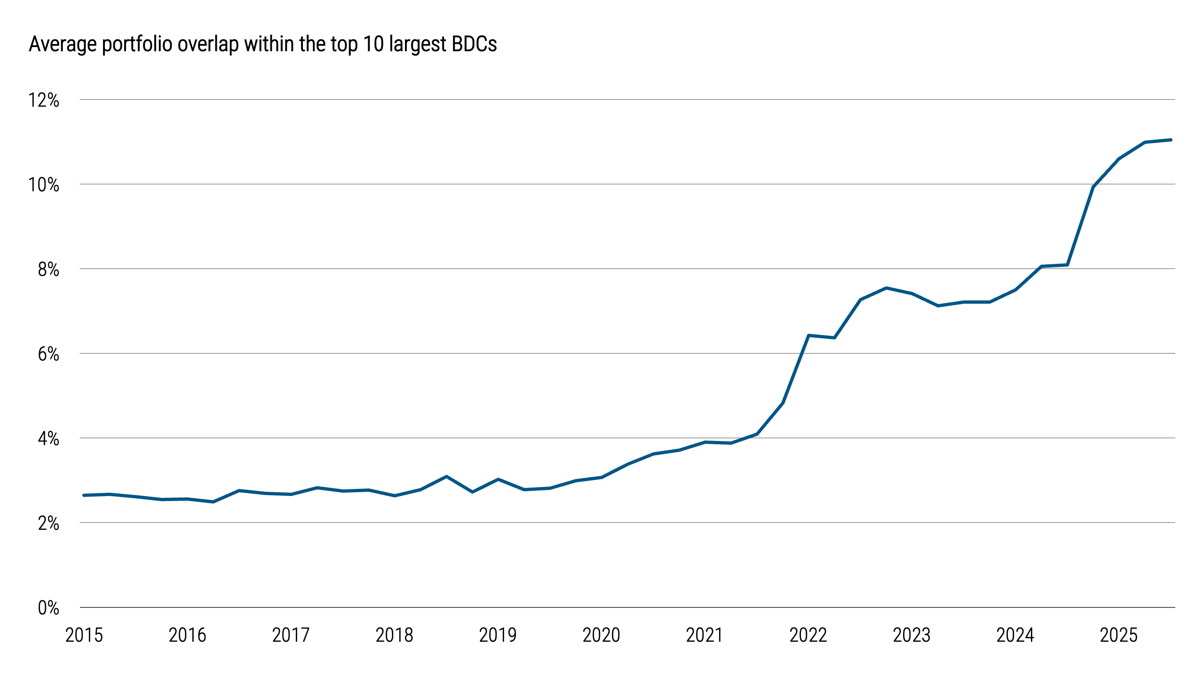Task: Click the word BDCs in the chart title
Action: pos(474,44)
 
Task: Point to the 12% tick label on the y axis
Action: pos(44,100)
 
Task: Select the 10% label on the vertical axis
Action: pos(44,185)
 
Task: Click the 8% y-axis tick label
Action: pos(48,269)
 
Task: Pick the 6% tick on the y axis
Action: pos(48,354)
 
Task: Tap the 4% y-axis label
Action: pos(48,439)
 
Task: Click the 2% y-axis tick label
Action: pos(48,523)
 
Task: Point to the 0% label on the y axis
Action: pos(48,608)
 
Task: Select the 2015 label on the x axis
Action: pos(84,635)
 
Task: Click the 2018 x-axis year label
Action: pos(394,635)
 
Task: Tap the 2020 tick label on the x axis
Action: pos(601,635)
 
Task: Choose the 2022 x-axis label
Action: pos(808,635)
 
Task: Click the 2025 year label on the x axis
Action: pos(1118,635)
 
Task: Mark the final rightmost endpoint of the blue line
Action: pos(1171,140)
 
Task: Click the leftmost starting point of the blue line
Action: pos(84,495)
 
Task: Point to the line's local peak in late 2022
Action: pos(886,288)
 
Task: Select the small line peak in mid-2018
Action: pos(446,477)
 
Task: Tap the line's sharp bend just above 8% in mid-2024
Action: pos(1067,265)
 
